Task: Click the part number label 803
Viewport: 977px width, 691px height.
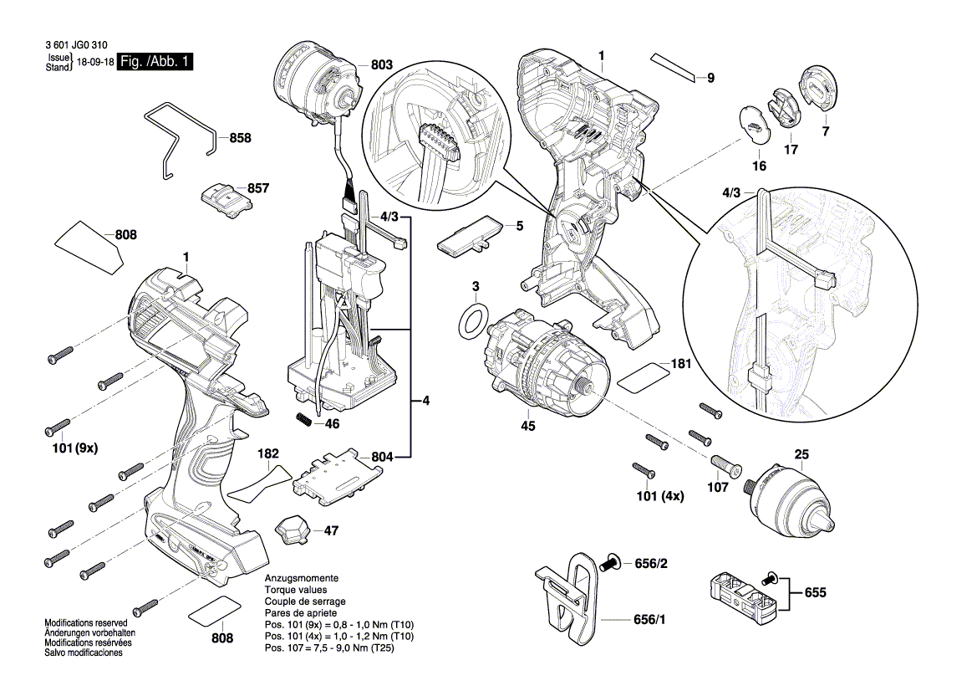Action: (381, 65)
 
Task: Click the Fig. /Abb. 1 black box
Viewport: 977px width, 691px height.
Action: (155, 62)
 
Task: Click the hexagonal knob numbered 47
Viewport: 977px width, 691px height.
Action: (292, 530)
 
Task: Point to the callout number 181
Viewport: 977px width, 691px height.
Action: (682, 365)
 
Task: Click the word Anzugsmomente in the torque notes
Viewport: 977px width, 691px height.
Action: (301, 579)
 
